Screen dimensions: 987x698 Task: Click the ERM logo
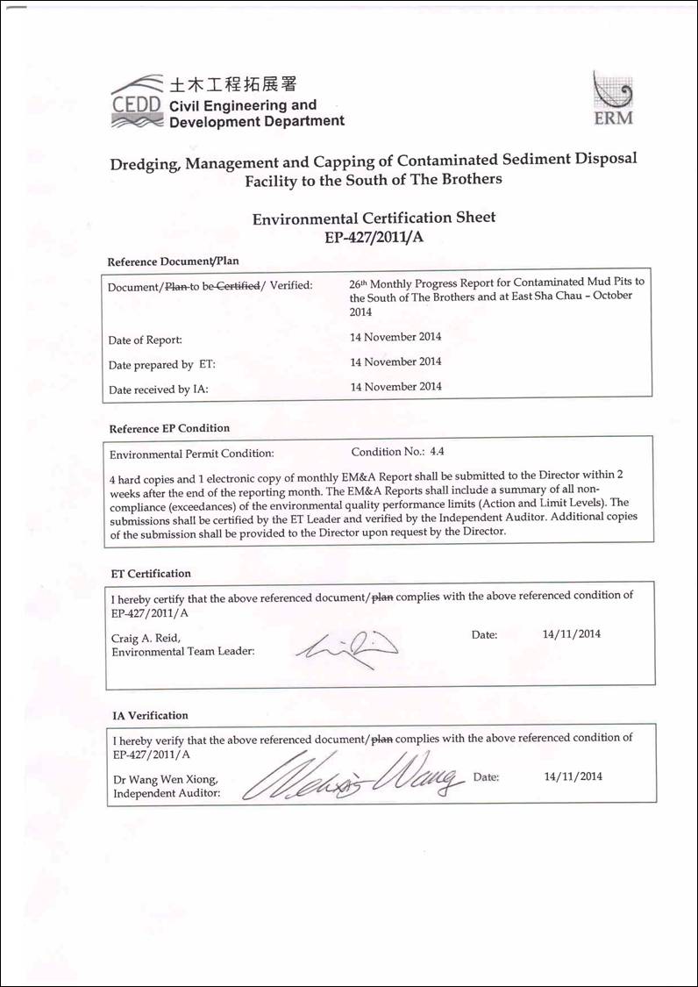(614, 100)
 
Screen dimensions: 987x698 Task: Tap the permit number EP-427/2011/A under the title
(374, 236)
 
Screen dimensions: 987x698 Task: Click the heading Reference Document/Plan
(173, 261)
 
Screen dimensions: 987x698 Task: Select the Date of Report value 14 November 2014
(395, 337)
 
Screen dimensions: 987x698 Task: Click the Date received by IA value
(395, 387)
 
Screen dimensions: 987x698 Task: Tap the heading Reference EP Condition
(169, 428)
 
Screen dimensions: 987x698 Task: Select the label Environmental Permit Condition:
(191, 454)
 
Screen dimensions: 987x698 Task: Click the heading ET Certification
(151, 574)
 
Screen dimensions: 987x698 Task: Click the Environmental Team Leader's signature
(346, 647)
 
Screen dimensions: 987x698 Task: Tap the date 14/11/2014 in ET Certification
(572, 634)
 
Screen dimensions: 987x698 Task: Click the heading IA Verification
(150, 716)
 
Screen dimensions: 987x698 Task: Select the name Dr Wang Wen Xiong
(165, 780)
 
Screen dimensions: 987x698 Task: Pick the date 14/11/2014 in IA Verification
(573, 776)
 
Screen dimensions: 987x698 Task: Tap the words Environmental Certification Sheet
(374, 218)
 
